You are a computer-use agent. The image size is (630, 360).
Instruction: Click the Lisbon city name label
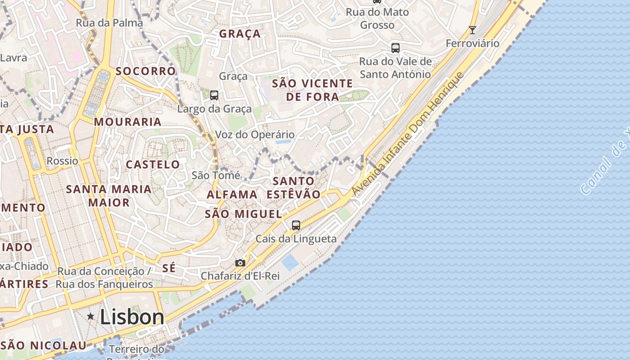[x=132, y=317]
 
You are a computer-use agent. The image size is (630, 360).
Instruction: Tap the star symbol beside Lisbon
[x=91, y=316]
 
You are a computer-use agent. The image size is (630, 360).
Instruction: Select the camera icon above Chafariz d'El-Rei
[x=240, y=263]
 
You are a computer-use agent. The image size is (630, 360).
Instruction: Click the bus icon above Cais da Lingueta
[x=296, y=225]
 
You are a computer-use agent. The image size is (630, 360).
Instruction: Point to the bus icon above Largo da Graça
[x=214, y=95]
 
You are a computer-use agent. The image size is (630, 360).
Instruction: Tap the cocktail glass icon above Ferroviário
[x=472, y=30]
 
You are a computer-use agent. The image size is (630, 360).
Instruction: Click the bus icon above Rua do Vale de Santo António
[x=395, y=48]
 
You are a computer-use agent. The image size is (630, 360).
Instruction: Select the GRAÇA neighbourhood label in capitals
[x=240, y=34]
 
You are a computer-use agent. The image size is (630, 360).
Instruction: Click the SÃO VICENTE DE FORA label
[x=312, y=90]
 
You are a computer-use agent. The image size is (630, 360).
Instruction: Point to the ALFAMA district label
[x=232, y=194]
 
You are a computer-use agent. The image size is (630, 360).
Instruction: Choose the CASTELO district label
[x=153, y=164]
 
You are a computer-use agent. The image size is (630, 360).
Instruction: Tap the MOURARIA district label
[x=127, y=121]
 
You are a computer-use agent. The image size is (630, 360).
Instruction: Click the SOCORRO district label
[x=145, y=71]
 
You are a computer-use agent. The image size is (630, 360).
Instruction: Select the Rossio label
[x=62, y=161]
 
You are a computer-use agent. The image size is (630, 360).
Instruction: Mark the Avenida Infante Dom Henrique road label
[x=407, y=134]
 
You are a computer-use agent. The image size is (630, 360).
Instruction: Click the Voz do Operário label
[x=255, y=135]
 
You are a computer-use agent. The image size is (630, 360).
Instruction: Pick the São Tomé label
[x=216, y=175]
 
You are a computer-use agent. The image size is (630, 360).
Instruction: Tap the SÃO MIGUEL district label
[x=243, y=214]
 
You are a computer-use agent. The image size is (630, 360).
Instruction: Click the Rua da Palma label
[x=109, y=22]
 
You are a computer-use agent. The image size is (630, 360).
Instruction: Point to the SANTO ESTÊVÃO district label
[x=293, y=188]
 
